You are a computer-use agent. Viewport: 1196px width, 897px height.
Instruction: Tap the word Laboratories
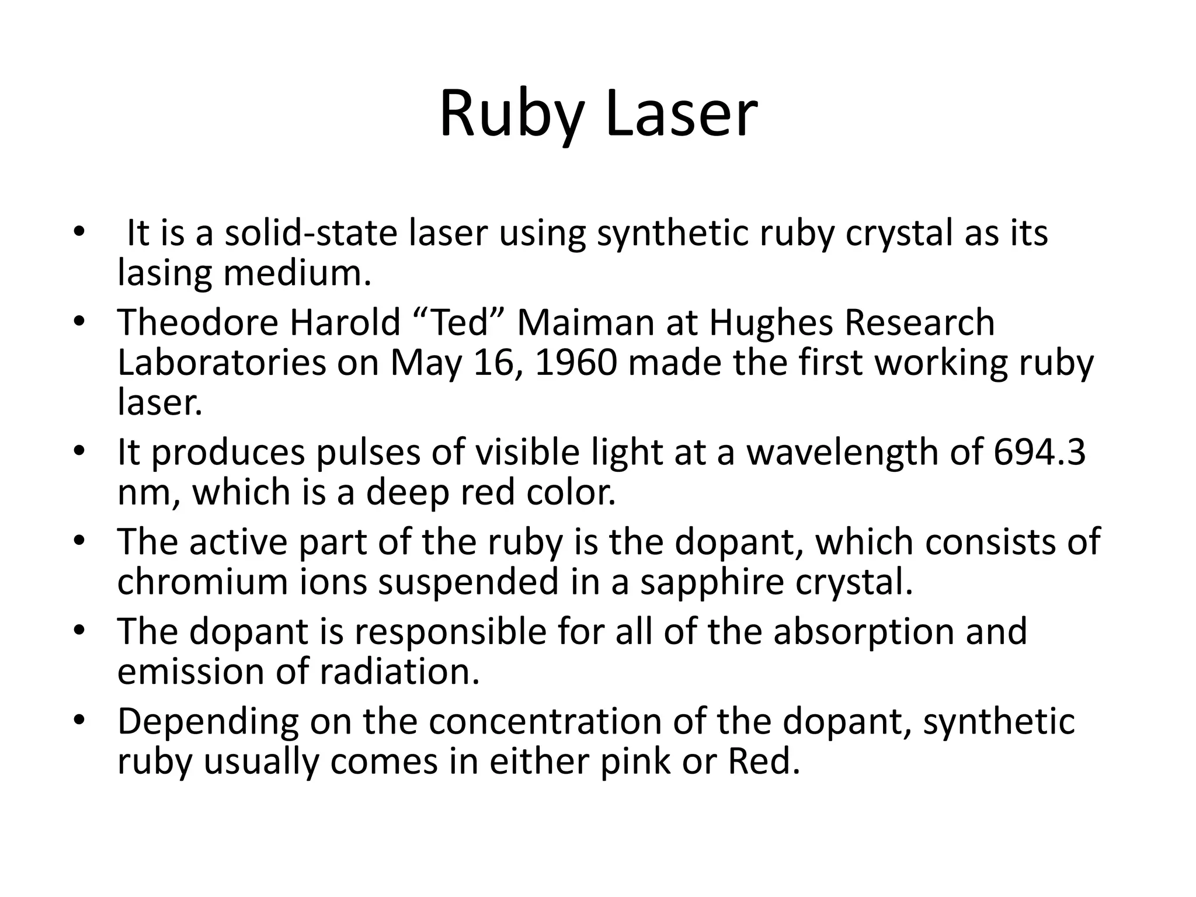(x=221, y=363)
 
